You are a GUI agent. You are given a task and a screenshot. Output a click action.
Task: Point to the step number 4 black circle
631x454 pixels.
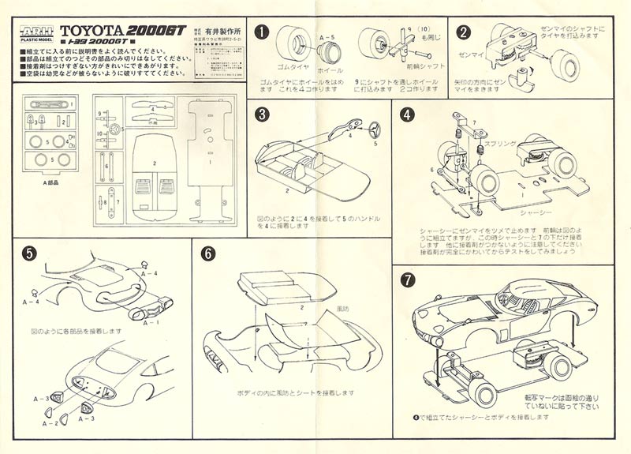(x=408, y=114)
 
